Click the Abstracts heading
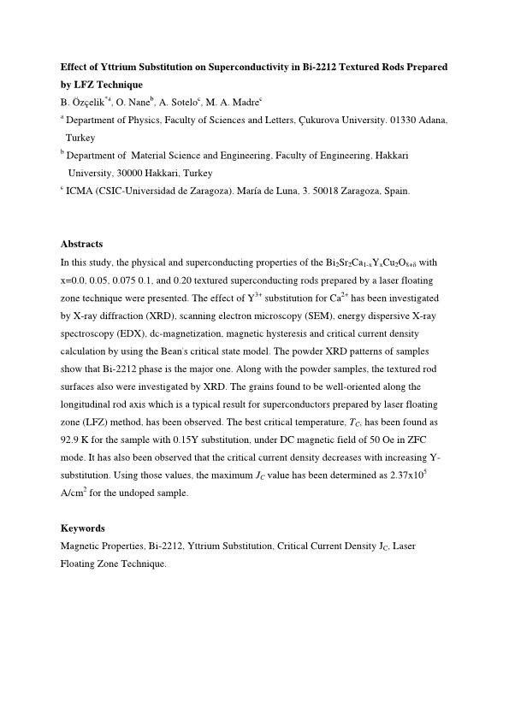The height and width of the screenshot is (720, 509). point(82,244)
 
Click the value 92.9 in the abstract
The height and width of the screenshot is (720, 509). point(73,441)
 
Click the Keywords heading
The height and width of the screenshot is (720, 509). point(82,528)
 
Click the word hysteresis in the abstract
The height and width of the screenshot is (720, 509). point(306,333)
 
